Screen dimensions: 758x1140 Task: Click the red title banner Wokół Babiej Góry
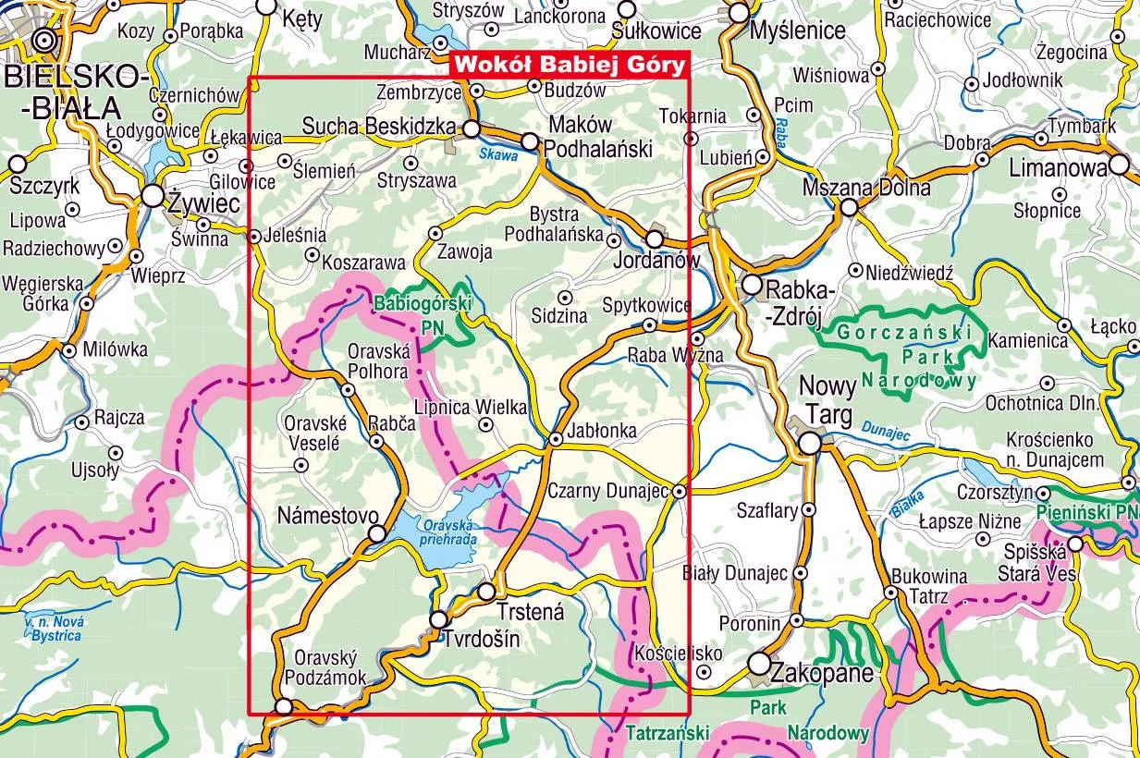(570, 65)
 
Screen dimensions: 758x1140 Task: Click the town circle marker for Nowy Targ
(810, 444)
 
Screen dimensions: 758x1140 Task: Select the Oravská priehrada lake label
(446, 531)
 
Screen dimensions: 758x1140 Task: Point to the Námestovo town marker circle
(377, 533)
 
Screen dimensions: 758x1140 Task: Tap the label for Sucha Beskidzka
(379, 126)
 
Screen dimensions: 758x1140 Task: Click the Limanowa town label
(1058, 168)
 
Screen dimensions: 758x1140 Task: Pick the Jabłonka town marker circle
(556, 439)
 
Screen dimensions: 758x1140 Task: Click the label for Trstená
(530, 611)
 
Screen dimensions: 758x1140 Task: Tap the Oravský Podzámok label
(330, 668)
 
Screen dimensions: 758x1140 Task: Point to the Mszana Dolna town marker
(849, 207)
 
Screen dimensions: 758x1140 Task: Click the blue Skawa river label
(497, 155)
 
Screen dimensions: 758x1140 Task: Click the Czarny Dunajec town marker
(680, 491)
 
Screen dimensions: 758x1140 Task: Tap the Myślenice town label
(798, 31)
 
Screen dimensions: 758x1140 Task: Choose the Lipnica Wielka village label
(471, 407)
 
